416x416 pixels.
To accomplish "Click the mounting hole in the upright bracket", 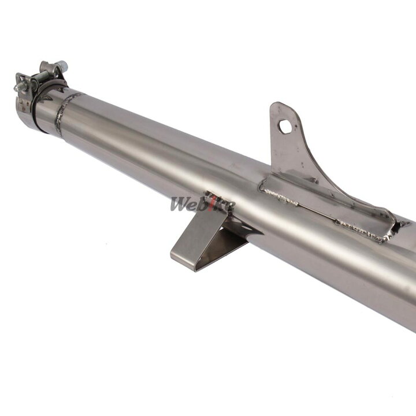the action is click(x=285, y=127).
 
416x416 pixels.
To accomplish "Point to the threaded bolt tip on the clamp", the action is click(x=17, y=88).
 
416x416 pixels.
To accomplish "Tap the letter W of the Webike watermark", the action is click(x=180, y=204).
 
